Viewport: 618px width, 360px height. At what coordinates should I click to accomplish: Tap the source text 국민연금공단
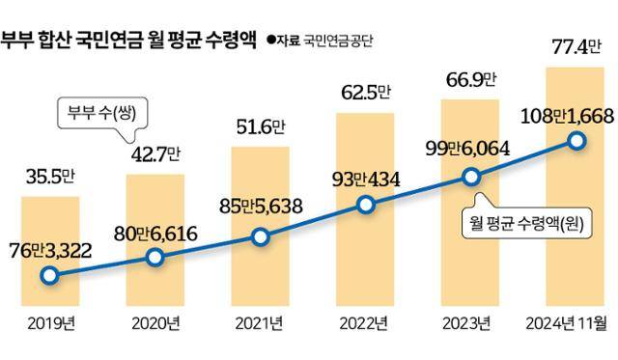(x=338, y=41)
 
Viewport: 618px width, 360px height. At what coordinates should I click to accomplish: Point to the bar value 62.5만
(x=365, y=94)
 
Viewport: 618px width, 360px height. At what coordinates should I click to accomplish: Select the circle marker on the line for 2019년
(x=47, y=276)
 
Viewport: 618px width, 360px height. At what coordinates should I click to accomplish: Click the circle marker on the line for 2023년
(x=470, y=177)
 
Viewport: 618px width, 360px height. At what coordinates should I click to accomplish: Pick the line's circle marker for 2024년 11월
(x=576, y=142)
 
